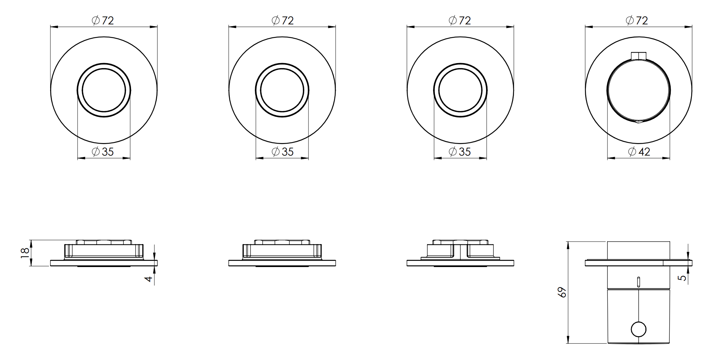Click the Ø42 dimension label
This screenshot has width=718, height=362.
point(639,152)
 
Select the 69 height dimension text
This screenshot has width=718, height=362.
point(562,292)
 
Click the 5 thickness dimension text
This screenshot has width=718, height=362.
point(683,277)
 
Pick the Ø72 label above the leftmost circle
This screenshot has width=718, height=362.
point(103,20)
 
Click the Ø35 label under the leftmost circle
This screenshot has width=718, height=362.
point(103,152)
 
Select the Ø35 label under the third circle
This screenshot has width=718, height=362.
point(460,152)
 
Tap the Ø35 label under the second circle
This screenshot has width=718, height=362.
point(282,152)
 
